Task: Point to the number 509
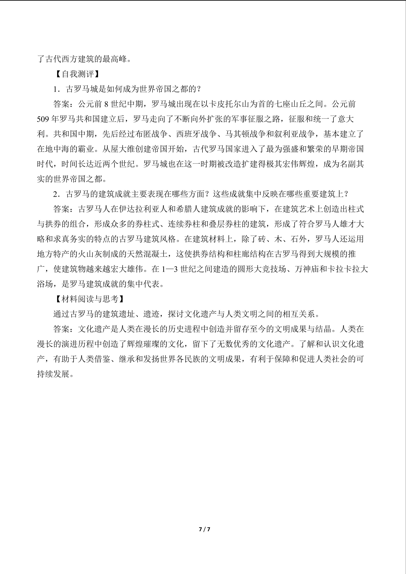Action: click(x=43, y=119)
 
